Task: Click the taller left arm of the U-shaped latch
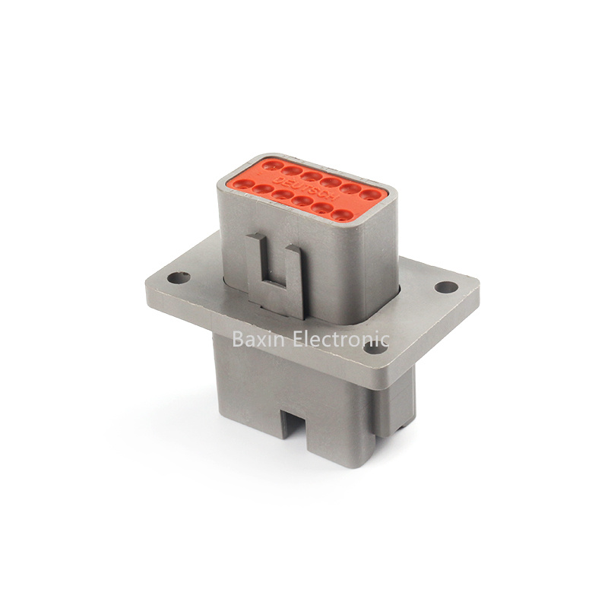255,262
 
